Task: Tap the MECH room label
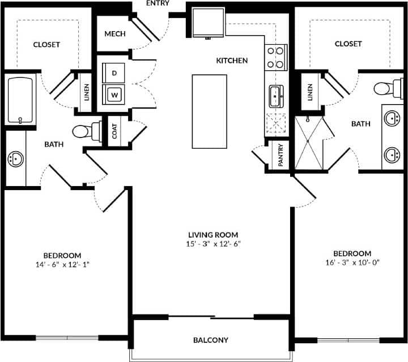click(x=115, y=34)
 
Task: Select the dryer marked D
click(x=114, y=73)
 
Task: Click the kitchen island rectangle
click(x=209, y=111)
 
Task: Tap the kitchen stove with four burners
click(x=275, y=57)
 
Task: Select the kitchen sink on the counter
click(x=276, y=97)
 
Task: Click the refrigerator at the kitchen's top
click(x=208, y=22)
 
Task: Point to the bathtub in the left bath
click(x=21, y=100)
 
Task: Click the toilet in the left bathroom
click(x=86, y=132)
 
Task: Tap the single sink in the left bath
click(x=15, y=159)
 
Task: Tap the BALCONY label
click(x=211, y=340)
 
